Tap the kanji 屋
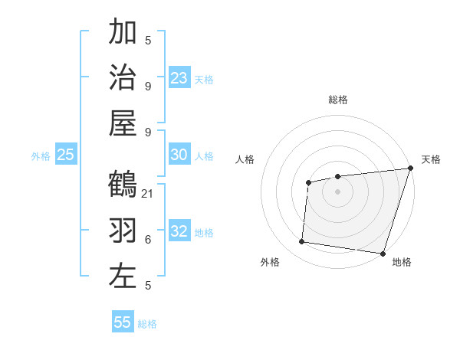[x=123, y=122]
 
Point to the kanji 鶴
[x=123, y=185]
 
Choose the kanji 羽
[x=123, y=231]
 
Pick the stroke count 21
[x=149, y=194]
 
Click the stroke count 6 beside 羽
[x=148, y=240]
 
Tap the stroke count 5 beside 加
[x=148, y=41]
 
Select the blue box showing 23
[x=179, y=77]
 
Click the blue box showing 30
[x=179, y=155]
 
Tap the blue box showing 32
[x=179, y=231]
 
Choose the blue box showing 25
[x=66, y=155]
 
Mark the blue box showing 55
[x=123, y=322]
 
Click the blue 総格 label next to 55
[x=148, y=324]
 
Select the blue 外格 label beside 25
[x=41, y=156]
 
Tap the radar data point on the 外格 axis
[x=302, y=242]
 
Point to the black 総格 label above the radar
[x=338, y=100]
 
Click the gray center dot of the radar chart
[x=337, y=191]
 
